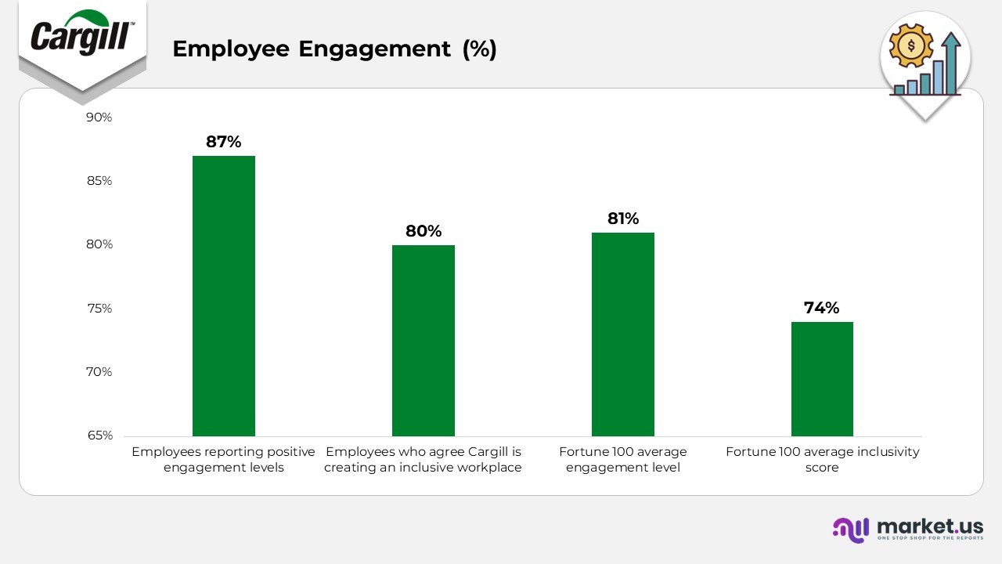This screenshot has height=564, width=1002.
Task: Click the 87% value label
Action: click(x=224, y=142)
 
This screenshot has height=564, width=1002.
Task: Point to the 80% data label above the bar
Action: click(x=424, y=231)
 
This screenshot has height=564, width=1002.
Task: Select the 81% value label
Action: click(x=623, y=219)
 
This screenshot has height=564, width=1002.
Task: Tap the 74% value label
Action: click(x=822, y=308)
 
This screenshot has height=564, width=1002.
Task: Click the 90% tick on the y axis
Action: click(x=99, y=117)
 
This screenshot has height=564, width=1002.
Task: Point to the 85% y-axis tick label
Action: click(x=99, y=181)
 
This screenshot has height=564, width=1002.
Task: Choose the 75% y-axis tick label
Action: click(x=99, y=309)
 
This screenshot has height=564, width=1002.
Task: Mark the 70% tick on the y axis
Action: click(x=99, y=372)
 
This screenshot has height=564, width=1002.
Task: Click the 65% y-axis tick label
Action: click(x=99, y=436)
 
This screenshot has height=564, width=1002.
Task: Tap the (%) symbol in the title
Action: click(x=479, y=49)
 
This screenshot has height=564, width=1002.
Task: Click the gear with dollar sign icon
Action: click(x=912, y=45)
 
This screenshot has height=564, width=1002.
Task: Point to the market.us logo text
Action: click(x=930, y=526)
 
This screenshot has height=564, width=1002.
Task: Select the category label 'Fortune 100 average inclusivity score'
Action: click(x=822, y=460)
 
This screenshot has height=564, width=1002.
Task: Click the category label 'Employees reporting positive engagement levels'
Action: click(x=223, y=460)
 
